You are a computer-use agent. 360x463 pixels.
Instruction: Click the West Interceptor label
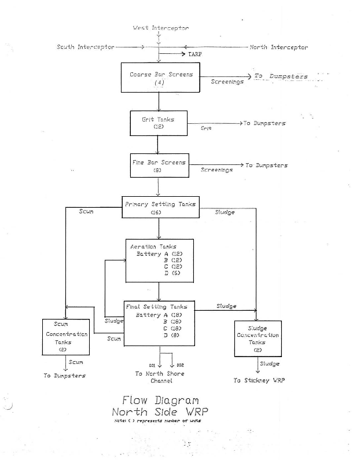(x=160, y=28)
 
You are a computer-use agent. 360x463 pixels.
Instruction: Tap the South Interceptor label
(x=86, y=47)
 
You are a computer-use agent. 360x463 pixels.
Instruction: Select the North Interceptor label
(x=278, y=47)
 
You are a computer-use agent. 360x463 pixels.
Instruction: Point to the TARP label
(x=195, y=54)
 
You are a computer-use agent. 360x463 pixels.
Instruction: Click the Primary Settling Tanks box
(x=160, y=207)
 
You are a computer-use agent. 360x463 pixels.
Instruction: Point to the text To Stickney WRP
(x=259, y=381)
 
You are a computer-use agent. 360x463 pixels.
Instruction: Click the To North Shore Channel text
(x=160, y=377)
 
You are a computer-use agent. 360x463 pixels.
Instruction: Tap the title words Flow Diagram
(x=160, y=400)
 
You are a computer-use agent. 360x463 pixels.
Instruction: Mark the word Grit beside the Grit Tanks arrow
(x=206, y=128)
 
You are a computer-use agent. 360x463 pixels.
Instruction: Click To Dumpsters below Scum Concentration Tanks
(x=65, y=376)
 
